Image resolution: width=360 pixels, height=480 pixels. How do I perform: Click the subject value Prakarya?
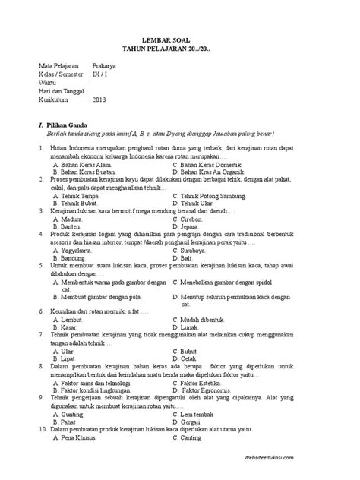(x=108, y=66)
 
